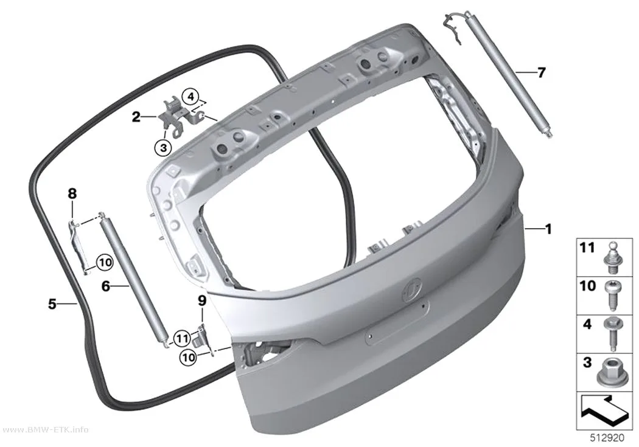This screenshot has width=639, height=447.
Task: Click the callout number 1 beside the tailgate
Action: click(548, 229)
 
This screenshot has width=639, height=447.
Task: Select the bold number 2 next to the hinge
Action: click(136, 117)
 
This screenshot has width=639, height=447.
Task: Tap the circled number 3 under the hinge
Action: click(164, 147)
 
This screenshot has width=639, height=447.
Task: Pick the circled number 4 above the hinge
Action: click(190, 97)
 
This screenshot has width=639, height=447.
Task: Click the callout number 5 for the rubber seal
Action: click(52, 303)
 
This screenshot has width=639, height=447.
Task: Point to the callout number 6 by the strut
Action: click(105, 286)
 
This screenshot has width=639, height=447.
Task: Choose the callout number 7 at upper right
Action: click(541, 73)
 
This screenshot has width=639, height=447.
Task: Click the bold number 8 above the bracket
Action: click(72, 194)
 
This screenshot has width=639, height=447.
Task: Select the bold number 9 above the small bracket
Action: click(202, 301)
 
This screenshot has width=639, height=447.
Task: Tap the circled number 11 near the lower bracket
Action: click(182, 338)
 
